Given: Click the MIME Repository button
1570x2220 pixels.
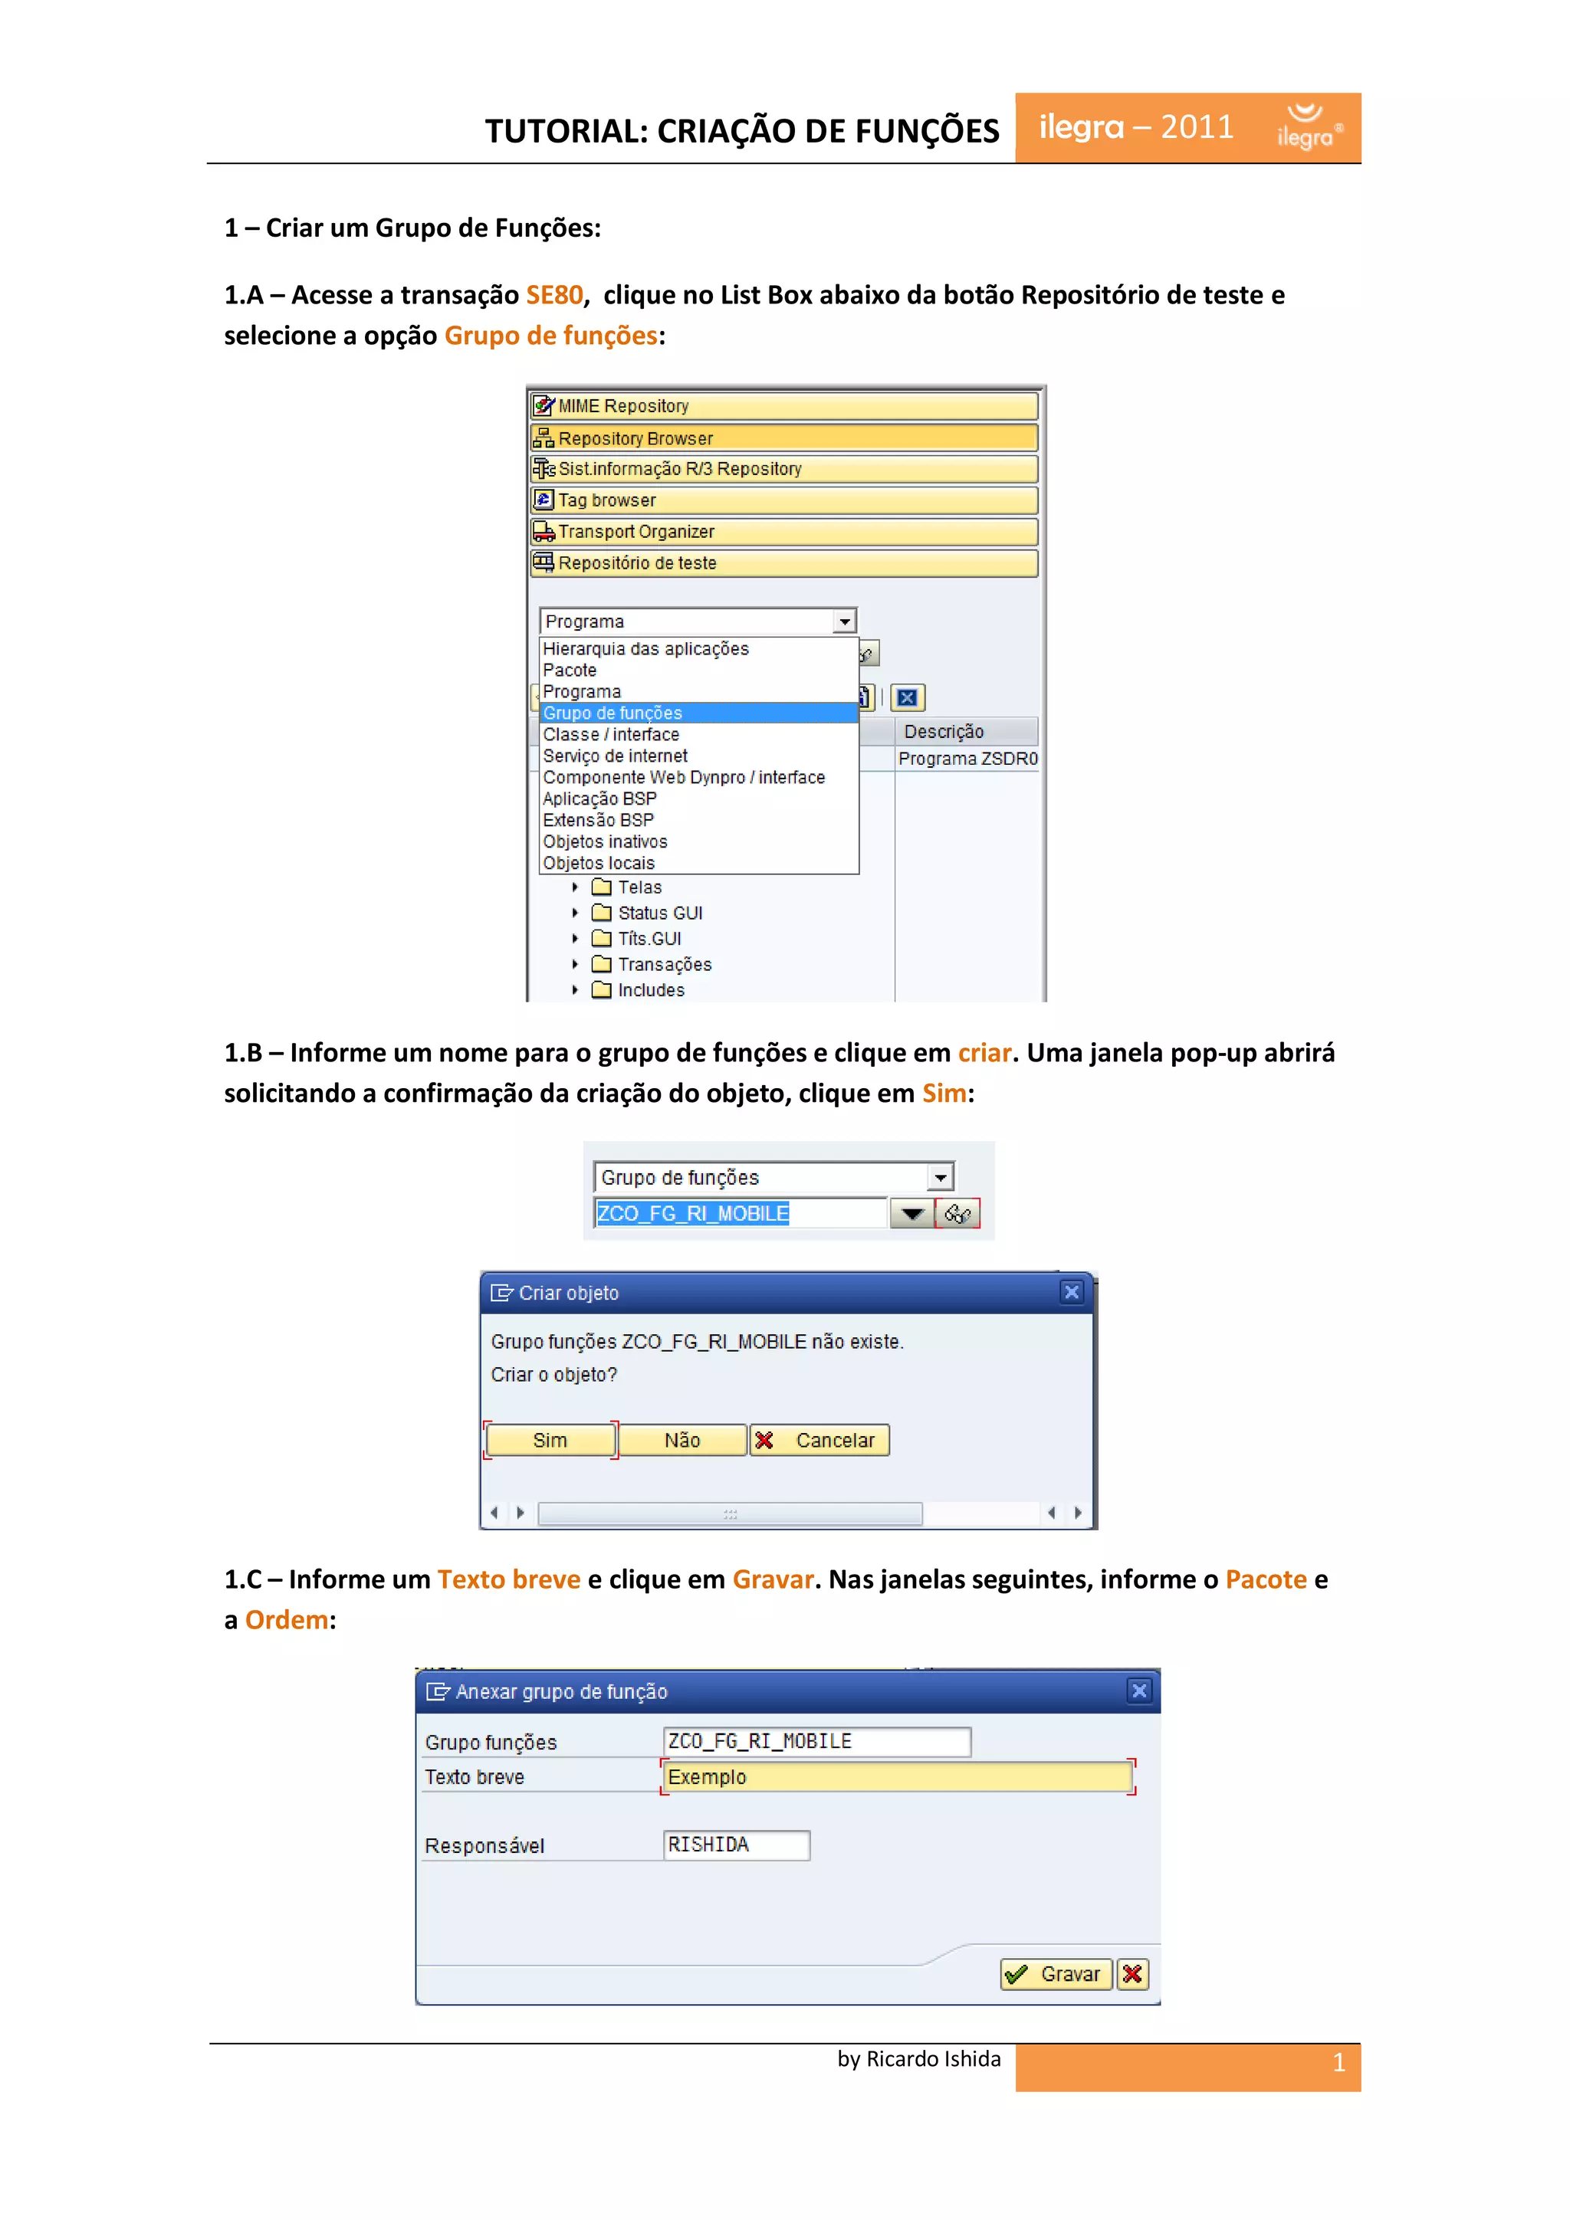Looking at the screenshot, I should (783, 406).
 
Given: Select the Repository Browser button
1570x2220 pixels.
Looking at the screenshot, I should (783, 438).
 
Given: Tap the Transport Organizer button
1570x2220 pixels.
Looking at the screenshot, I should (783, 532).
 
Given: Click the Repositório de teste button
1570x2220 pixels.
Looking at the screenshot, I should (783, 562).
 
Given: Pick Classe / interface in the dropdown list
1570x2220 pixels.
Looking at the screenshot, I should (611, 735).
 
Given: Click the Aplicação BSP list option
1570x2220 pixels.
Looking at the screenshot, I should (599, 798).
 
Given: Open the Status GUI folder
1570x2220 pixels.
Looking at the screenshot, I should (660, 913).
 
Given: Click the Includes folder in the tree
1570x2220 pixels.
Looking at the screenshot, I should (650, 990).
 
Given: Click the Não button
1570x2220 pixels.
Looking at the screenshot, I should (682, 1440).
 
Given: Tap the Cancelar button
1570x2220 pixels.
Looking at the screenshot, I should (820, 1440).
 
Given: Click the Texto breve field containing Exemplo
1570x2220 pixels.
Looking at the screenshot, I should (897, 1777).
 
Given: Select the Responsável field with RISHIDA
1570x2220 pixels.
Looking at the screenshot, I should (736, 1845).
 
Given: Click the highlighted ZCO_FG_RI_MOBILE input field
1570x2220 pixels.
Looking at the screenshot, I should (739, 1214).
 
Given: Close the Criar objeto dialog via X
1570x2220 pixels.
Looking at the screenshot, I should (1072, 1292).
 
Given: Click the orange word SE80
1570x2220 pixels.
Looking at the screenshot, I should (554, 295).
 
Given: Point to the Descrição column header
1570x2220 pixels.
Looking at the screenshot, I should (944, 732).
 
